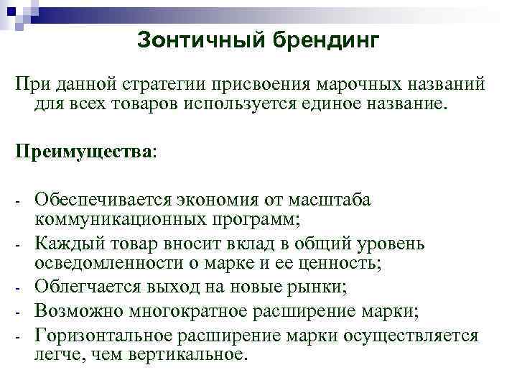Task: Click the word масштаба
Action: point(330,199)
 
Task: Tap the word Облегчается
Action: point(88,289)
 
